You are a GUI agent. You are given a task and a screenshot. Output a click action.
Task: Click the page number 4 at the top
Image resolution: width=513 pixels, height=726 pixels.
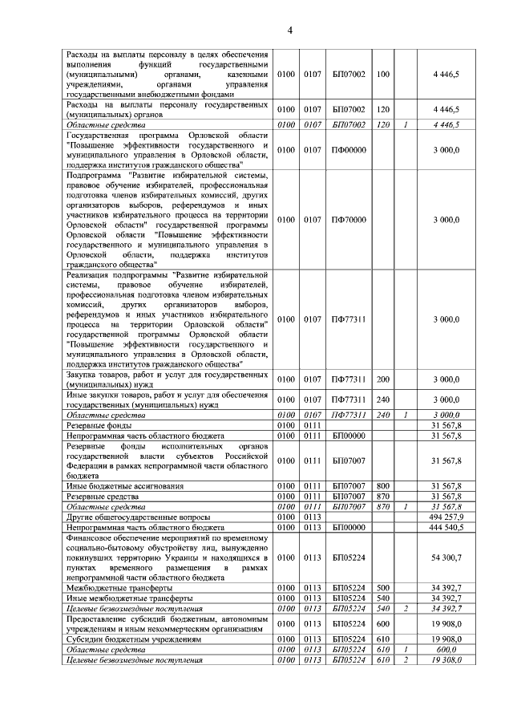point(291,30)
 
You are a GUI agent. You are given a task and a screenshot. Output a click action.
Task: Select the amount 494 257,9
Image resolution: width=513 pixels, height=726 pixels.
point(446,517)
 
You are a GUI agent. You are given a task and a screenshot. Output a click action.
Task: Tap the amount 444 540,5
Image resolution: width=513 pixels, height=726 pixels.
point(446,528)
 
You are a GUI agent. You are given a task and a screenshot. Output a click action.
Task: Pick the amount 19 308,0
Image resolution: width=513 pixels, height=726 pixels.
point(446,659)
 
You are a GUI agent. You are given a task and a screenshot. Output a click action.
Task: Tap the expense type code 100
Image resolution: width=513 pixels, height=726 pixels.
point(382,75)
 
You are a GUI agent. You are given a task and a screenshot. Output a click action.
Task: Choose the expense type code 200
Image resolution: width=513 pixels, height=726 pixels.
point(382,379)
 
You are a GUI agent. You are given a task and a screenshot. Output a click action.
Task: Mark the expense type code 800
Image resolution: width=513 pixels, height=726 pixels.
point(382,486)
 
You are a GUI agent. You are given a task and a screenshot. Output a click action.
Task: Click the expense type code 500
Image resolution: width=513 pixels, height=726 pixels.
point(382,588)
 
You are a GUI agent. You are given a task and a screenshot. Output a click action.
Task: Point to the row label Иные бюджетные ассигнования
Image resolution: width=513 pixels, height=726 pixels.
point(124,486)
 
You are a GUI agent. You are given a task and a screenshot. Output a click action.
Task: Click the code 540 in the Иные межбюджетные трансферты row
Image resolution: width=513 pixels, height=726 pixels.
point(382,598)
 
